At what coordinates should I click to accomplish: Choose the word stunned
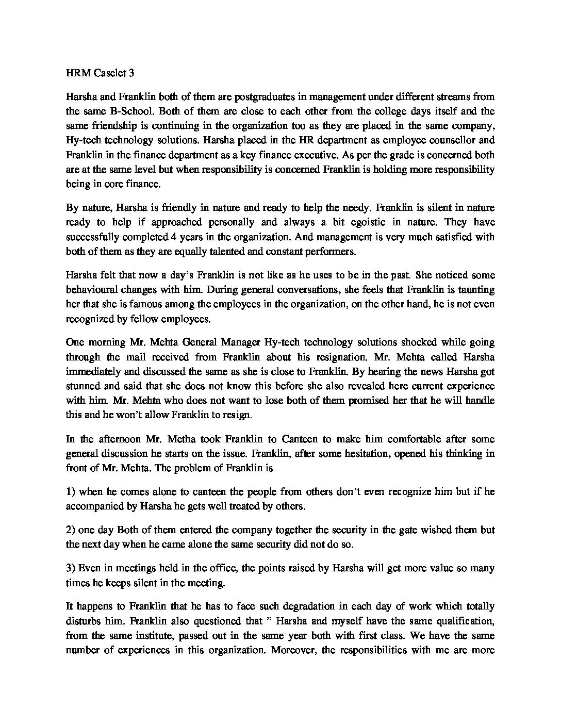point(82,386)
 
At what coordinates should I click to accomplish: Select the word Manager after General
point(241,342)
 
